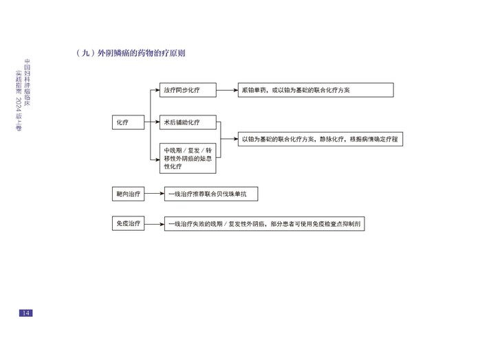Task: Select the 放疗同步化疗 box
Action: [188, 90]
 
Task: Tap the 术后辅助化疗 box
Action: [188, 122]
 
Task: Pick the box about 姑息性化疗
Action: [188, 159]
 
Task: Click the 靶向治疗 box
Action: [129, 194]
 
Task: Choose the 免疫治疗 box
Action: [129, 225]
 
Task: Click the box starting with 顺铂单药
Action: [314, 90]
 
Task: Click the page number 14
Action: [25, 313]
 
